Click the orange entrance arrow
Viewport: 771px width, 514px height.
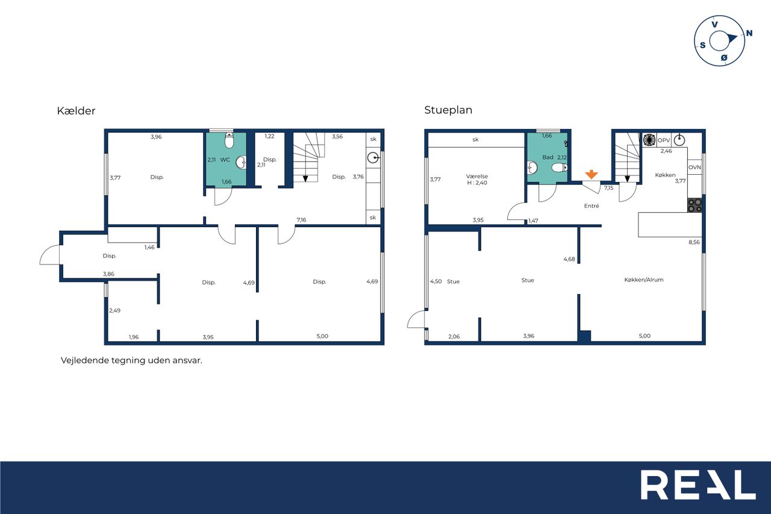(592, 174)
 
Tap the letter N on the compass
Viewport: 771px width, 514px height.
(749, 33)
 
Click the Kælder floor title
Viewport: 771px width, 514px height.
(76, 111)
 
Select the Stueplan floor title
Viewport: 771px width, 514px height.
(448, 110)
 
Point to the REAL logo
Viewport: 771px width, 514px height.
(698, 484)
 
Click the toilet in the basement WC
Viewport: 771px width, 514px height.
(229, 140)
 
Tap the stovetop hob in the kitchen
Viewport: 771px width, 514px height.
(695, 205)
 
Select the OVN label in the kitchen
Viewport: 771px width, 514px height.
(695, 168)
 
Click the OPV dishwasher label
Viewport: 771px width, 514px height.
(664, 140)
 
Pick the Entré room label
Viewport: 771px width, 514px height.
(592, 206)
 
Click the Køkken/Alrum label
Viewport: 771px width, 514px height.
(644, 280)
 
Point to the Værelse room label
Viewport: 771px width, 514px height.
(476, 177)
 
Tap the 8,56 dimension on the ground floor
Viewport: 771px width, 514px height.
(694, 242)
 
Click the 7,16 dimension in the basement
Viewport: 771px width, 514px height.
(301, 220)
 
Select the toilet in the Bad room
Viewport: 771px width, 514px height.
(560, 168)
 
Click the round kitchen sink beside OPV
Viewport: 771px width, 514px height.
(679, 140)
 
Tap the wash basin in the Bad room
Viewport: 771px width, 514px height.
(532, 168)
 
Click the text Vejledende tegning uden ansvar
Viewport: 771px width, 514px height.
(131, 360)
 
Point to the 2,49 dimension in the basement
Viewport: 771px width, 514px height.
(114, 310)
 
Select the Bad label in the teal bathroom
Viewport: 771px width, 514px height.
(548, 157)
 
